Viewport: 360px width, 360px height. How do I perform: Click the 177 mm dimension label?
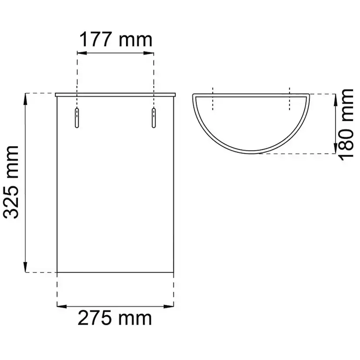click(x=116, y=40)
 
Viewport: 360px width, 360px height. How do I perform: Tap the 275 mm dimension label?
click(x=115, y=318)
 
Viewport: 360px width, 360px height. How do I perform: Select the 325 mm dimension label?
click(x=10, y=182)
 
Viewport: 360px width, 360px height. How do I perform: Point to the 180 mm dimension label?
click(x=346, y=125)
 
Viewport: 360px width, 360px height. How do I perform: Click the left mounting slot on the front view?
click(x=77, y=118)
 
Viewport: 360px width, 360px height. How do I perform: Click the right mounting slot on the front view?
click(x=153, y=118)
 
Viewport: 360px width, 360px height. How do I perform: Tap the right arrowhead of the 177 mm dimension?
click(x=149, y=53)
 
